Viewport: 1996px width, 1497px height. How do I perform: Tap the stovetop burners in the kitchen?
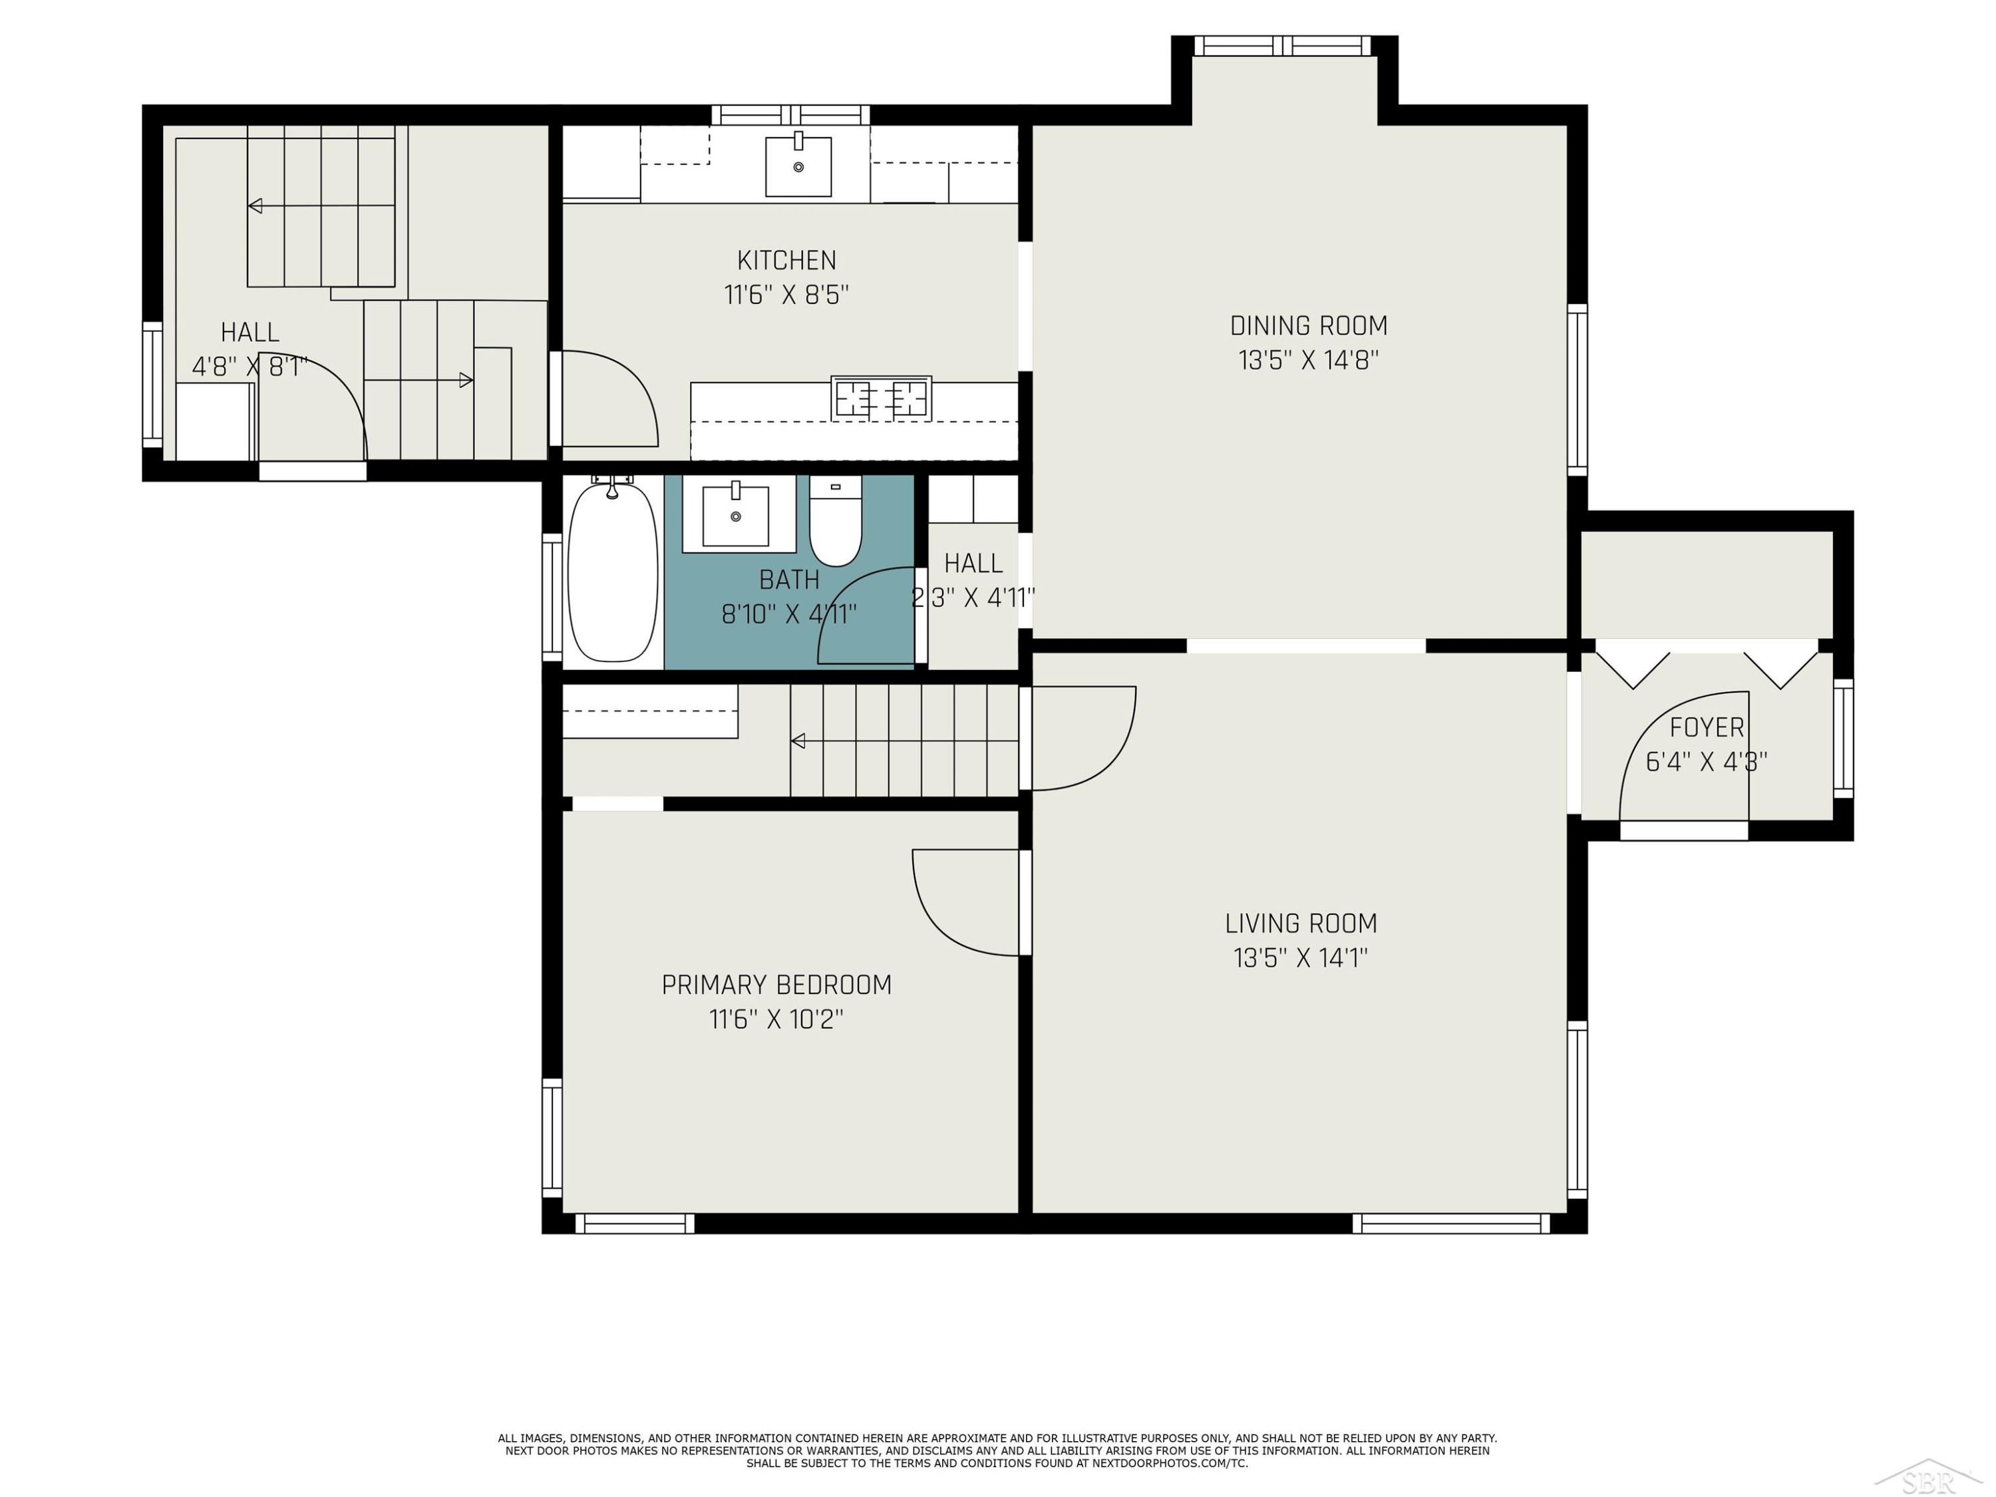[x=881, y=398]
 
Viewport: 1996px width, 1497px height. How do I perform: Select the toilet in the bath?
[x=836, y=521]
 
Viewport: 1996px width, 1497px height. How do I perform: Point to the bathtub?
[x=613, y=571]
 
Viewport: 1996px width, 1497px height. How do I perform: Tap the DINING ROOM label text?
[x=1309, y=326]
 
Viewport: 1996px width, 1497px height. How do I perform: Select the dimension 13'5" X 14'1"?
[x=1300, y=957]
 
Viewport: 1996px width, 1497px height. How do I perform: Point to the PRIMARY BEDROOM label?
[x=776, y=985]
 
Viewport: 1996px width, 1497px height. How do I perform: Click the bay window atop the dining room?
[x=1282, y=46]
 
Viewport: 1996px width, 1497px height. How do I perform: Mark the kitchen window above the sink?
[x=790, y=114]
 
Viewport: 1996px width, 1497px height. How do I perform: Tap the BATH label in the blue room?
[x=788, y=580]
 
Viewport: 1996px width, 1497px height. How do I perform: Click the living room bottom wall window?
[x=1451, y=1224]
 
